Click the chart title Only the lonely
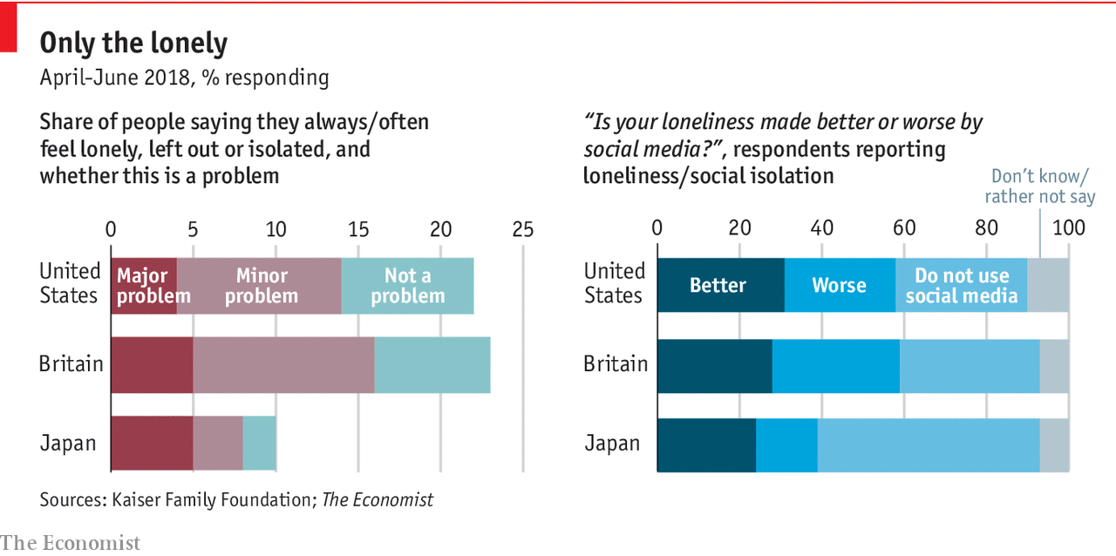[133, 44]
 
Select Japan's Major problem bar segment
[152, 444]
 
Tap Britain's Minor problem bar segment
[283, 364]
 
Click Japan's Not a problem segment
[259, 444]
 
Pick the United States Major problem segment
[143, 286]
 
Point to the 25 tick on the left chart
[522, 229]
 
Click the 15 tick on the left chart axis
[357, 229]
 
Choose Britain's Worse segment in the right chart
[835, 364]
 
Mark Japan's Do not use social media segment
[929, 444]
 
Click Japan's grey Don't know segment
[1054, 444]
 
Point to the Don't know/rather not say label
[1039, 186]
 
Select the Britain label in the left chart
[71, 364]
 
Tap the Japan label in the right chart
[612, 444]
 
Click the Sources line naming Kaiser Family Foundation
[236, 500]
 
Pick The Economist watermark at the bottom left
[70, 543]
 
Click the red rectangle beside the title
[9, 27]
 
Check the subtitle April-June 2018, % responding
[184, 78]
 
